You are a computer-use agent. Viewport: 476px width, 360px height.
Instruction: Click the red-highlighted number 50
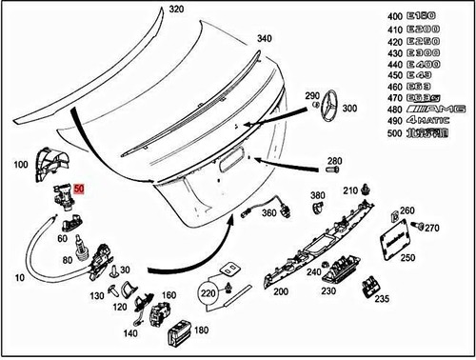(x=80, y=190)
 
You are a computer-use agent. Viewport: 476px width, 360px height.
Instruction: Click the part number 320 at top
(x=175, y=9)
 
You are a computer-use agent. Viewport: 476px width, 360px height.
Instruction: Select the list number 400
(x=393, y=18)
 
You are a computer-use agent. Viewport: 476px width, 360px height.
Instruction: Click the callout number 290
(x=312, y=97)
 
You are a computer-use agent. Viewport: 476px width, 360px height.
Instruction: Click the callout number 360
(x=268, y=212)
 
